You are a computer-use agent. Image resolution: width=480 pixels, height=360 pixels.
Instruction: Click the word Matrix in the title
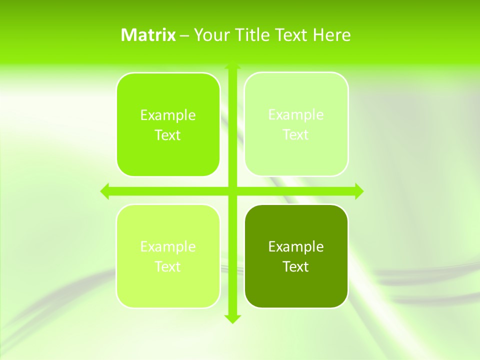(148, 35)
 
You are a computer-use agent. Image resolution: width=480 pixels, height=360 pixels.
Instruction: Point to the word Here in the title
(332, 35)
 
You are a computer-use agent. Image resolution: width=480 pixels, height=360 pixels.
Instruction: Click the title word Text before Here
(291, 35)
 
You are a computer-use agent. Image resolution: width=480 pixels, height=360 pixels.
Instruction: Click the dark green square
(296, 256)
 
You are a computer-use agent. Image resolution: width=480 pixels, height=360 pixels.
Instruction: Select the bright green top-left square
(168, 125)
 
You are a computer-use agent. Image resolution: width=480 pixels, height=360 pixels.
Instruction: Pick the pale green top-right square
(296, 124)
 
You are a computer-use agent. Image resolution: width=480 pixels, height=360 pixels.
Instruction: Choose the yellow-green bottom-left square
(168, 256)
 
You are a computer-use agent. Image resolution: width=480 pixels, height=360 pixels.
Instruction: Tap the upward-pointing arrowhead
(232, 66)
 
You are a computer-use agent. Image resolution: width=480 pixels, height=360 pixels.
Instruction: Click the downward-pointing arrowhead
(232, 318)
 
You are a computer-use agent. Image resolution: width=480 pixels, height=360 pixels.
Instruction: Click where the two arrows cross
(232, 191)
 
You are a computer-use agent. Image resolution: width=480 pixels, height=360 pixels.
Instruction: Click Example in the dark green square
(296, 246)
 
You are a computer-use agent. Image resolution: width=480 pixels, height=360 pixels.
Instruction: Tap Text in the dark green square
(296, 266)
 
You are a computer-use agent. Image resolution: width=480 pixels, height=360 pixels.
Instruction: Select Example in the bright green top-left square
(168, 115)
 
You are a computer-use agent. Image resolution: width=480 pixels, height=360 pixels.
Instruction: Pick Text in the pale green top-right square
(296, 134)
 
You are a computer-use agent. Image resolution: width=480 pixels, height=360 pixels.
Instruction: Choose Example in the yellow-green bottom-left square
(168, 246)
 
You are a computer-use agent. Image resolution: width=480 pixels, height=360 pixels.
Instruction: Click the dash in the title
(184, 35)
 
